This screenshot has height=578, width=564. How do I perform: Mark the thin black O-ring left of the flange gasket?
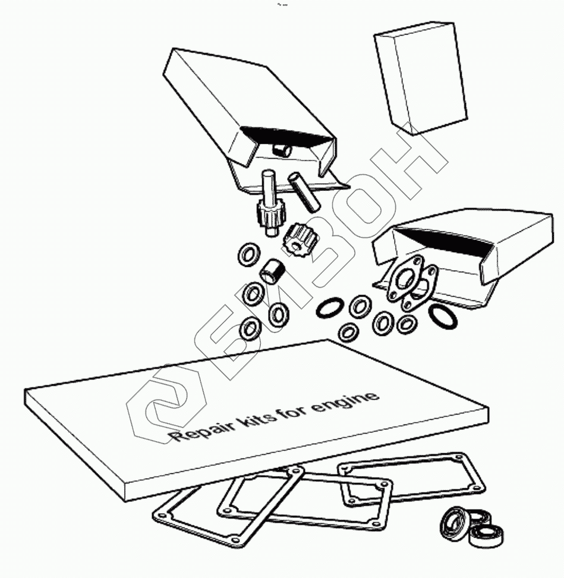(x=329, y=308)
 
